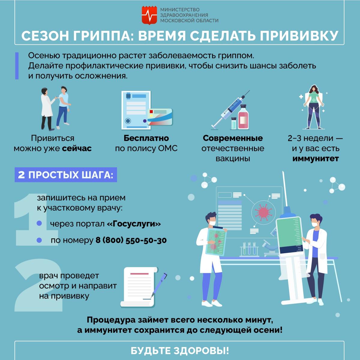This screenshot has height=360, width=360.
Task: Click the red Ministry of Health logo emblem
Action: coord(149,15)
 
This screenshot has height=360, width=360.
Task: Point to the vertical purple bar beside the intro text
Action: coord(17,66)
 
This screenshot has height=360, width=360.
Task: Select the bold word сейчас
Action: coord(77,148)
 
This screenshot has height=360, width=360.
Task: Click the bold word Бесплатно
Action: coord(146,138)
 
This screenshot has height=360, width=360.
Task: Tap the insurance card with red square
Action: coord(160,117)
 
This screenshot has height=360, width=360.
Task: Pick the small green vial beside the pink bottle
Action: coord(234,123)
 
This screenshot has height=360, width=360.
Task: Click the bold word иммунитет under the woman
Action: coord(316,159)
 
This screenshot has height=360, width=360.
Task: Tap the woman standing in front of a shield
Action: coord(314,107)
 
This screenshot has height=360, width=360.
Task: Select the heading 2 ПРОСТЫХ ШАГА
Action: coord(66,175)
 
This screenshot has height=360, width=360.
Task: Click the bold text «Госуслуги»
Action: coord(134,224)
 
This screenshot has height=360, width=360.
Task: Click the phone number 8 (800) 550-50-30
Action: coord(131,240)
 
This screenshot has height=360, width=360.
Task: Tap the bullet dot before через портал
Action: coord(39,223)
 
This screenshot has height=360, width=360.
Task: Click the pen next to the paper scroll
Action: coord(159,285)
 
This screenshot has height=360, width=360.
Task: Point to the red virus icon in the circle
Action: coord(263,212)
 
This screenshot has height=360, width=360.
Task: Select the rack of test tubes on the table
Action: coord(249,249)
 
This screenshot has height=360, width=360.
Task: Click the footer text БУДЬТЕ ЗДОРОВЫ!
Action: coord(180,351)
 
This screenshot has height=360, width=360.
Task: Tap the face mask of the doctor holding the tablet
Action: coord(212,223)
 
